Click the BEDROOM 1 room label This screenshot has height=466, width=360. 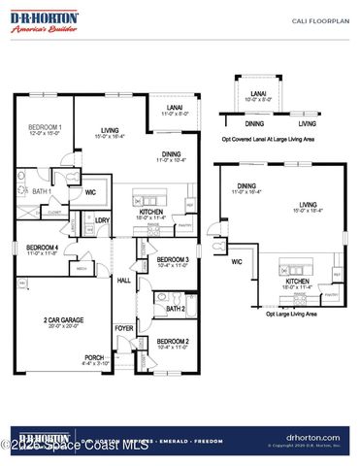click(x=45, y=128)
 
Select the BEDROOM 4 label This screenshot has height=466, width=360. click(x=42, y=248)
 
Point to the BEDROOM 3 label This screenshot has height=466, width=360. click(x=173, y=259)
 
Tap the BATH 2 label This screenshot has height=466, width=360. click(x=175, y=309)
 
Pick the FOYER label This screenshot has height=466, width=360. click(x=124, y=327)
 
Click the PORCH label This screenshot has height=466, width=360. click(x=94, y=356)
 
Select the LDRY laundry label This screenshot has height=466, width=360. click(x=101, y=220)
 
